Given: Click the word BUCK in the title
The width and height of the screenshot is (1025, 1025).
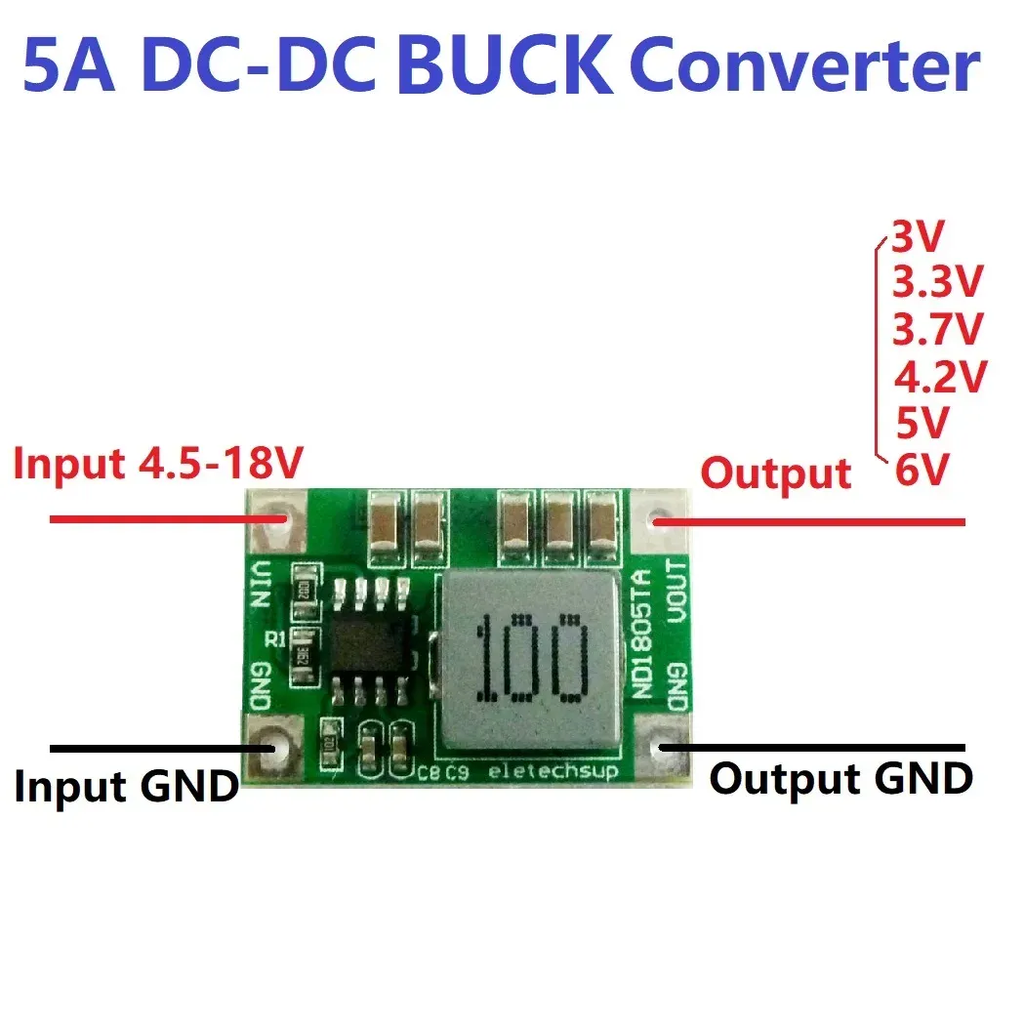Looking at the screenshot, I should [511, 66].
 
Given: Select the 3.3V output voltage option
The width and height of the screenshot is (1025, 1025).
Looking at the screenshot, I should [936, 283].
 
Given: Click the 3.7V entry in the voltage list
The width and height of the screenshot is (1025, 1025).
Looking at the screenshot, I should [938, 329].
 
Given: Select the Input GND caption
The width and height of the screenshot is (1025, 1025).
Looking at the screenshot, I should [126, 785].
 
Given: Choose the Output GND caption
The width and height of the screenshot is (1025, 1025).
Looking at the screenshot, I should [840, 778].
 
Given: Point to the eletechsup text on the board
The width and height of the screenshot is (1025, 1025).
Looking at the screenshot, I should [547, 772].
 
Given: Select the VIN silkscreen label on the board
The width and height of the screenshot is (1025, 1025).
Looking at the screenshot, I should [261, 584].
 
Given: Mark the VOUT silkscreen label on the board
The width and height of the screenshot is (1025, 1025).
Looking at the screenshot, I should [676, 591].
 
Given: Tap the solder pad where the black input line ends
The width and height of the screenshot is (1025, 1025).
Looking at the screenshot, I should [276, 748].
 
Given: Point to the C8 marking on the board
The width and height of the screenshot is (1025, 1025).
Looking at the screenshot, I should [427, 775].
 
